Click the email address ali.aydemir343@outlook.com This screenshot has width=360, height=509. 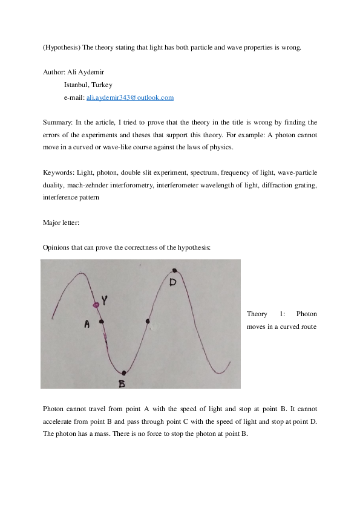130,97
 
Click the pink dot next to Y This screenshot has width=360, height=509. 95,305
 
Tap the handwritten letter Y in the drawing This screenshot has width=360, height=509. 105,300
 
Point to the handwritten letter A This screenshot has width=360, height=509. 87,325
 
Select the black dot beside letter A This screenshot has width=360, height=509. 101,322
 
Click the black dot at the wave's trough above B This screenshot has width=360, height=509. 123,372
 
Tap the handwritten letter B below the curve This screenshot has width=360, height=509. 122,383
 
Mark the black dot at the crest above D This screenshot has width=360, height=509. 174,271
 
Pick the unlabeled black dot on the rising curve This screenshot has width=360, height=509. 148,321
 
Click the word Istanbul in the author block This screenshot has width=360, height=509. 76,85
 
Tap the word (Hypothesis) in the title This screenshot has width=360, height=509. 61,47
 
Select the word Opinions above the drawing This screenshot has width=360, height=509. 57,248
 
